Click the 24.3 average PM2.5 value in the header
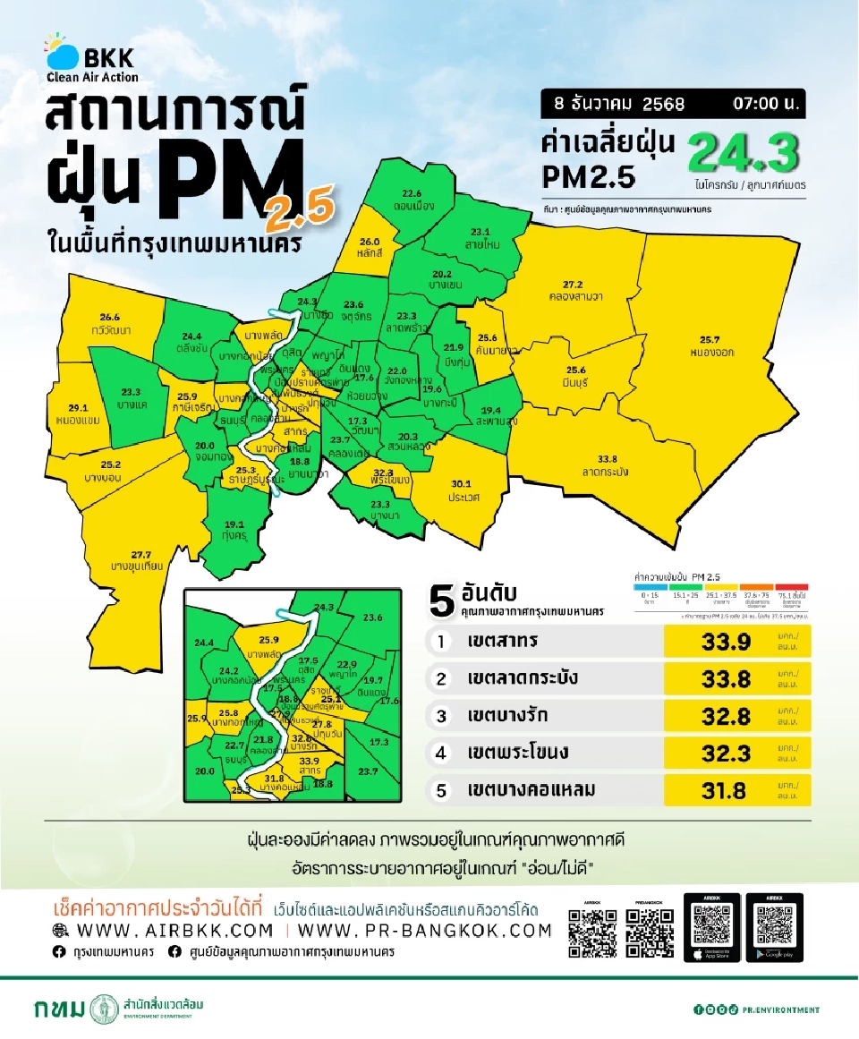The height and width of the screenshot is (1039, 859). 743,154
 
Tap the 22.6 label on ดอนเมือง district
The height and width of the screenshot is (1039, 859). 412,193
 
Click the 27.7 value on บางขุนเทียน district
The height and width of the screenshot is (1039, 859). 141,555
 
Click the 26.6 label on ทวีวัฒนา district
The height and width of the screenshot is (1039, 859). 110,317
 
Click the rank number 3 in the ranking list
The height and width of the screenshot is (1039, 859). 440,716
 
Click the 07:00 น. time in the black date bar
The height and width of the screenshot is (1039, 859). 766,103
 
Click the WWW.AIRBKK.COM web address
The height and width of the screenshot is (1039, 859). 175,931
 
